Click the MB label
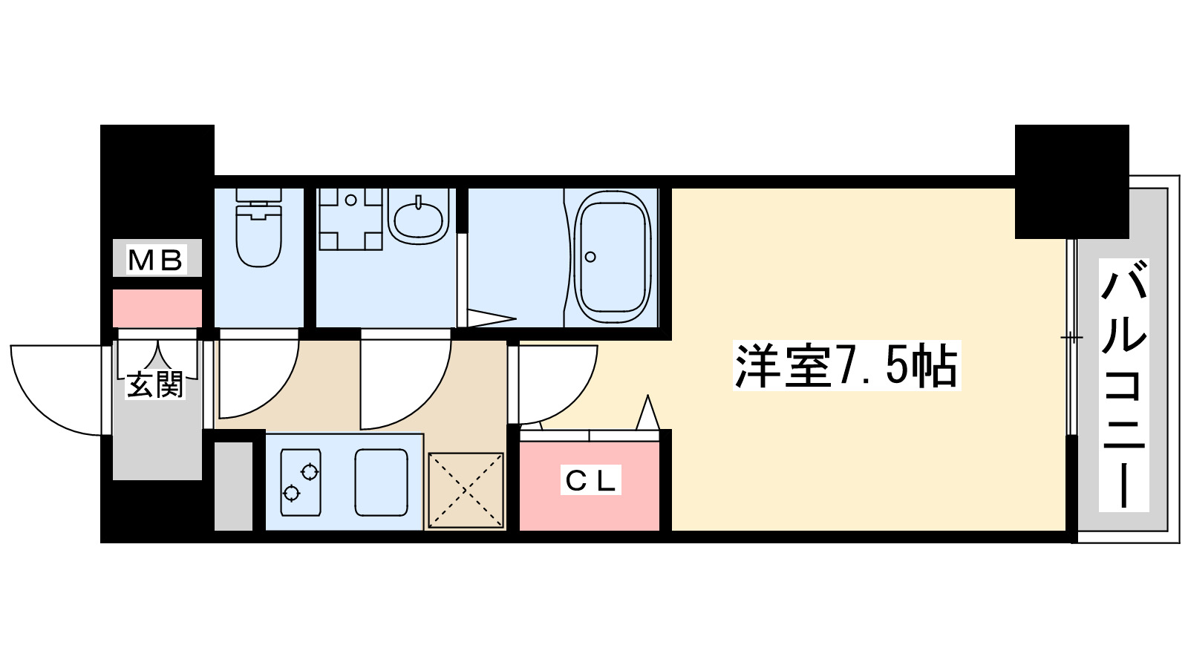pyautogui.click(x=156, y=260)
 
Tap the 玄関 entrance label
pyautogui.click(x=155, y=384)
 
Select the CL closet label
pyautogui.click(x=590, y=480)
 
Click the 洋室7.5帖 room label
pyautogui.click(x=846, y=366)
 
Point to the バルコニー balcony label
pyautogui.click(x=1124, y=385)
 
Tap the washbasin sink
pyautogui.click(x=418, y=217)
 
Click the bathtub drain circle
pyautogui.click(x=590, y=257)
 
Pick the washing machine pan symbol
pyautogui.click(x=350, y=218)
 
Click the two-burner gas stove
pyautogui.click(x=301, y=482)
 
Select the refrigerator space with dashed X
pyautogui.click(x=466, y=490)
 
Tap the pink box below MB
pyautogui.click(x=157, y=308)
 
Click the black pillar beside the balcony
pyautogui.click(x=1071, y=182)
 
